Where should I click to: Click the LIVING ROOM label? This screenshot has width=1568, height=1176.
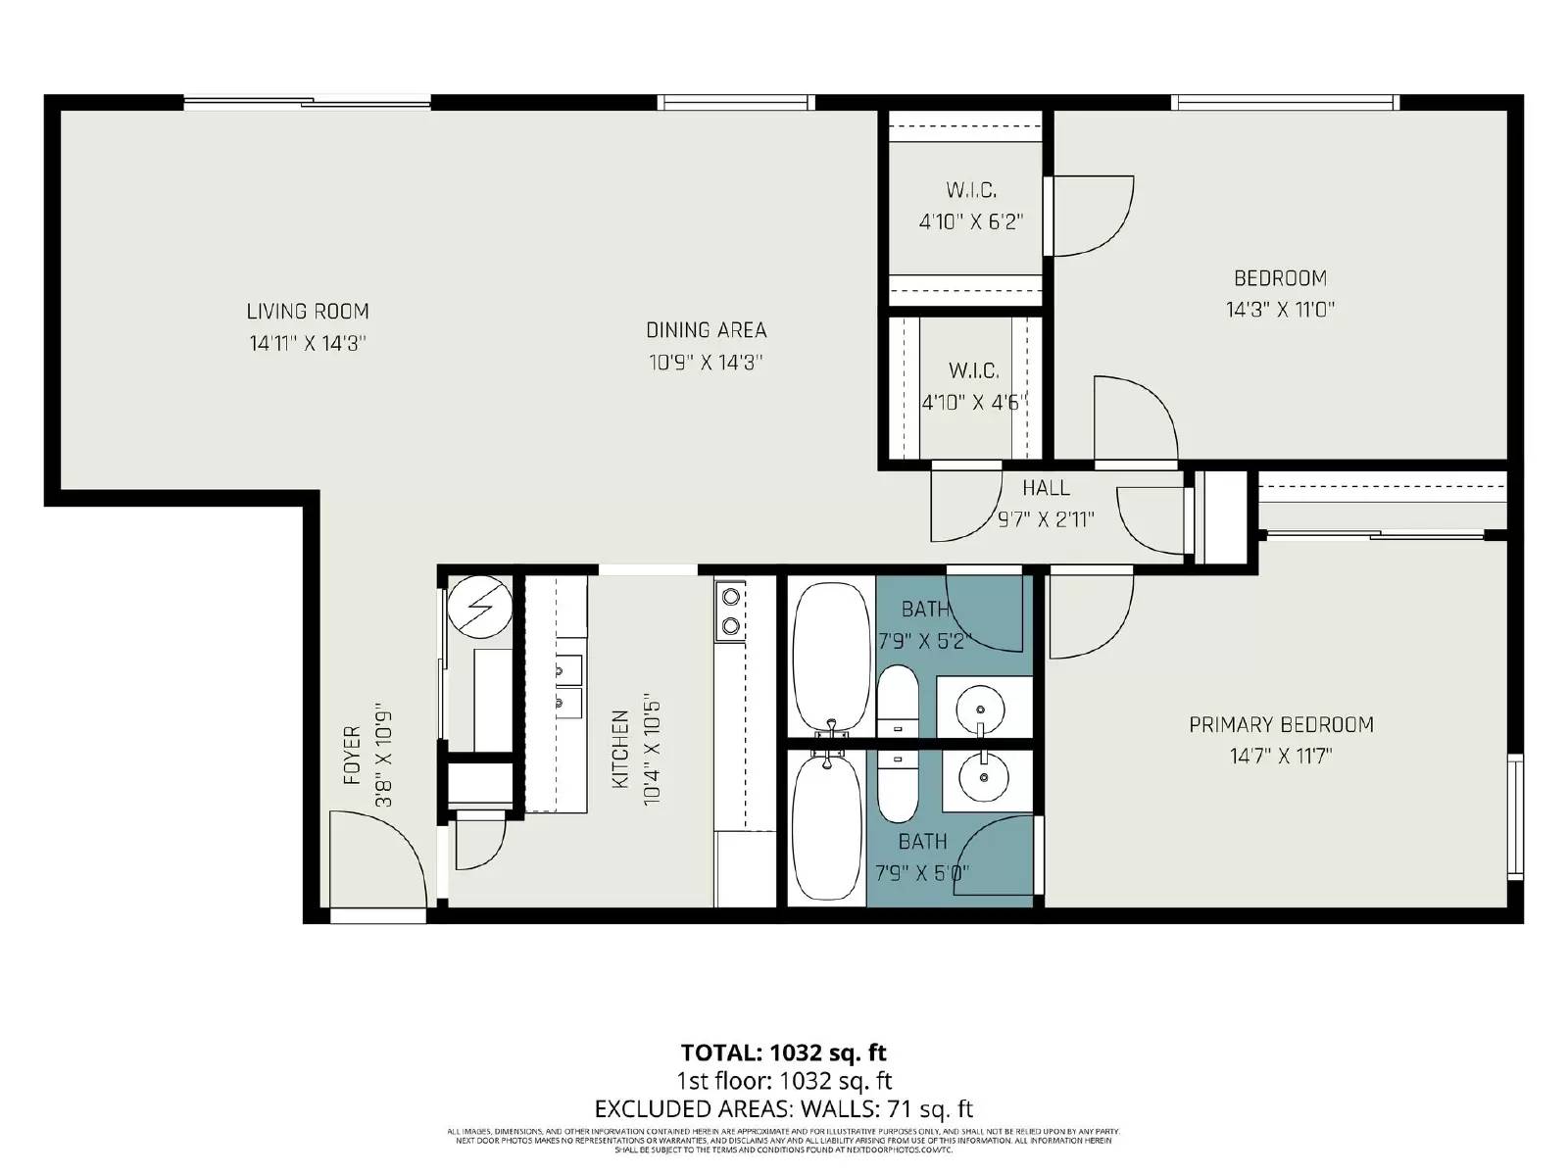[308, 312]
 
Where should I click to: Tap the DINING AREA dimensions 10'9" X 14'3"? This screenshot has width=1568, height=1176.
[706, 363]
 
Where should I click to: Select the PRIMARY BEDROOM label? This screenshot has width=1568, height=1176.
[1281, 725]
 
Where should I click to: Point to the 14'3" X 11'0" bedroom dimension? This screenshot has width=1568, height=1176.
[1280, 310]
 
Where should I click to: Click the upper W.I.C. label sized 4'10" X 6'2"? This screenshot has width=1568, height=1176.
[971, 190]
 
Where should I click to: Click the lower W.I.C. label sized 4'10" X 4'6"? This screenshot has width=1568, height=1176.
[973, 371]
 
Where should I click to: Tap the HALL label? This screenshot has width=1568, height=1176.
[1046, 488]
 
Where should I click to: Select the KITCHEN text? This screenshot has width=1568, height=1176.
[620, 750]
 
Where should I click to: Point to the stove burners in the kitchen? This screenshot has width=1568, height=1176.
[730, 610]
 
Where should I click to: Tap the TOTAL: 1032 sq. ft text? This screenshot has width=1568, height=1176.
[783, 1053]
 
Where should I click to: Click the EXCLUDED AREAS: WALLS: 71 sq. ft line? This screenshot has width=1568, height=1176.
[783, 1109]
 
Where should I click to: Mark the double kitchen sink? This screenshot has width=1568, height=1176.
[568, 686]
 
